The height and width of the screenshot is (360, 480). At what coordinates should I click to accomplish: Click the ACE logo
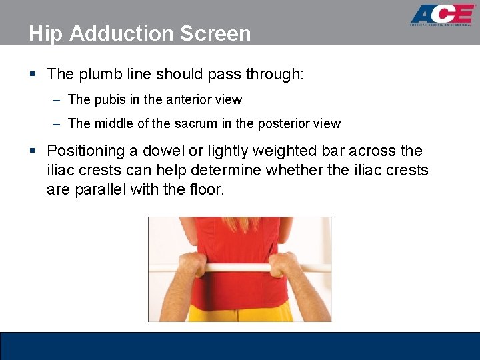tap(442, 15)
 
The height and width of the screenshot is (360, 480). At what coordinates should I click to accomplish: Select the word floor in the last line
tap(208, 189)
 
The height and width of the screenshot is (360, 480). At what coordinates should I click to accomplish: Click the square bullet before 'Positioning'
tap(32, 152)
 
